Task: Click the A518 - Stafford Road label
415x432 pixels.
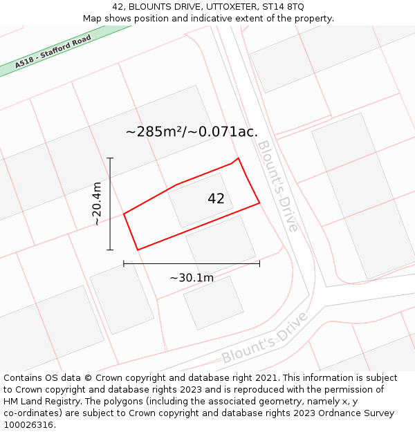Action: pyautogui.click(x=53, y=51)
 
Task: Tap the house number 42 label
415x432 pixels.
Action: pyautogui.click(x=216, y=199)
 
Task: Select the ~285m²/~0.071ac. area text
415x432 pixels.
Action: pyautogui.click(x=192, y=131)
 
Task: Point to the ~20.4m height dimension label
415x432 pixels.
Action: pyautogui.click(x=97, y=203)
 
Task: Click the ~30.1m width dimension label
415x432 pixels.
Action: pyautogui.click(x=192, y=278)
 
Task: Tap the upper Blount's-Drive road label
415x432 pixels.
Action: pyautogui.click(x=277, y=185)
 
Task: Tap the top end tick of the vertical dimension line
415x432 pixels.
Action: pyautogui.click(x=110, y=158)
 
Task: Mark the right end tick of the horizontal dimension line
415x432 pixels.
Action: pyautogui.click(x=259, y=263)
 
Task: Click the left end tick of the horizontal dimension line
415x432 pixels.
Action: pyautogui.click(x=124, y=263)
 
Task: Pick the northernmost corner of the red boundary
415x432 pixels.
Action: pyautogui.click(x=239, y=158)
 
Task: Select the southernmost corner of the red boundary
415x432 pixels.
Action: pyautogui.click(x=138, y=250)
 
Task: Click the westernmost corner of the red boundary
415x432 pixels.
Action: pyautogui.click(x=124, y=214)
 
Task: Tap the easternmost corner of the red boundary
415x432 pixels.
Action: pyautogui.click(x=259, y=203)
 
